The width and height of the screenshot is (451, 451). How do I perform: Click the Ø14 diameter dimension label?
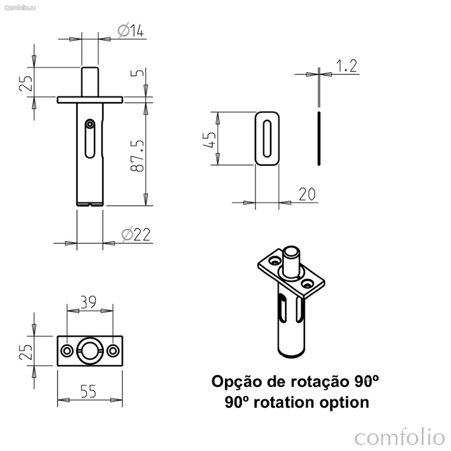click(x=131, y=31)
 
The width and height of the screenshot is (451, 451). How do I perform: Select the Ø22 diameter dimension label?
click(x=136, y=235)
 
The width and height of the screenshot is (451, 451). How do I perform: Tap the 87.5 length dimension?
click(x=137, y=156)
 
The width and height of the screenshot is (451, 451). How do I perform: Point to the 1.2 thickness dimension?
click(x=346, y=66)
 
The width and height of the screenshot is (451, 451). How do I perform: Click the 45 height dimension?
click(x=209, y=140)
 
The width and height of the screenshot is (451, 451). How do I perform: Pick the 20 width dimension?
click(x=307, y=194)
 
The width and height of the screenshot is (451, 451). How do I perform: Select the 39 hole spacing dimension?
click(x=88, y=302)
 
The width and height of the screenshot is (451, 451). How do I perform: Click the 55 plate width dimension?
click(x=88, y=391)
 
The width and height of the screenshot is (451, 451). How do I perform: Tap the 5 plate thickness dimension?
click(x=137, y=73)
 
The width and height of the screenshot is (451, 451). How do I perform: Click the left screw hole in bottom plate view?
click(x=67, y=351)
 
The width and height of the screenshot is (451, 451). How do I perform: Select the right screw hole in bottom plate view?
click(x=113, y=351)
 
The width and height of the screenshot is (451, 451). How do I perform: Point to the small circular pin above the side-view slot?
click(x=90, y=124)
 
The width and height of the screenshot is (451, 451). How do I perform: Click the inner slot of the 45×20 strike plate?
click(x=267, y=139)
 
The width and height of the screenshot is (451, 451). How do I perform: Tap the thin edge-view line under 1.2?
click(x=318, y=139)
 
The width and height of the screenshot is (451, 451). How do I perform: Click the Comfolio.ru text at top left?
click(x=20, y=8)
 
